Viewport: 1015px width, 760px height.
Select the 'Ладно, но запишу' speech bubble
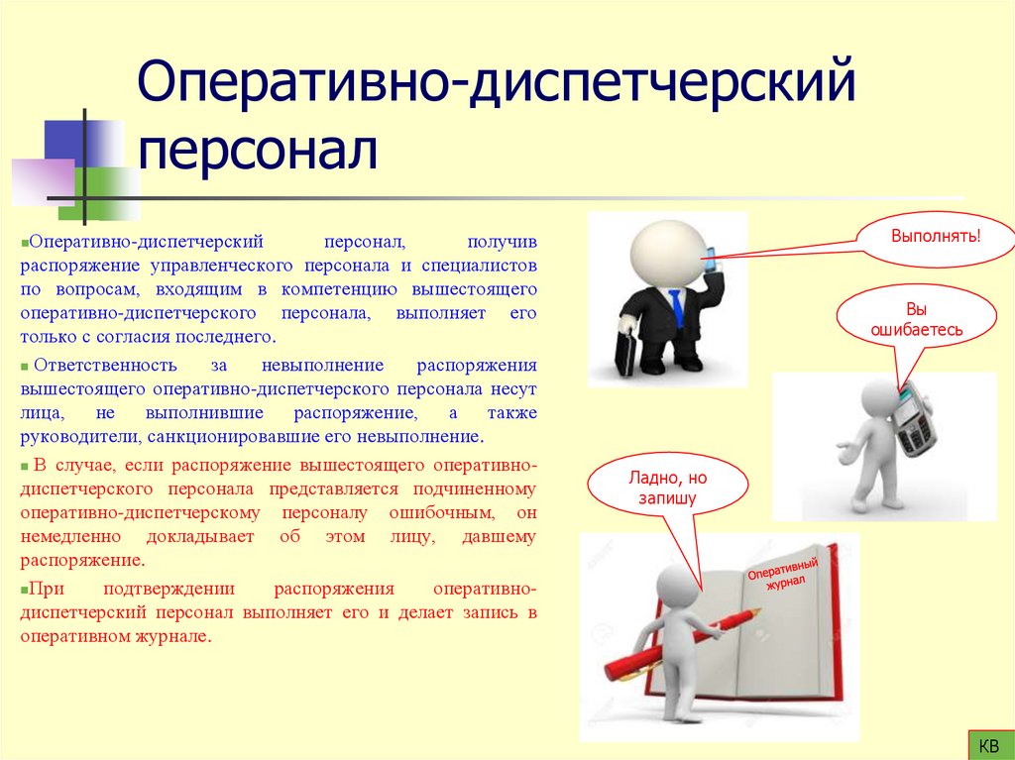click(x=662, y=489)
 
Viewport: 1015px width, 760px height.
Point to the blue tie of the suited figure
click(x=676, y=307)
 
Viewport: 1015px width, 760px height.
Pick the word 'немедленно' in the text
click(x=70, y=536)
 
